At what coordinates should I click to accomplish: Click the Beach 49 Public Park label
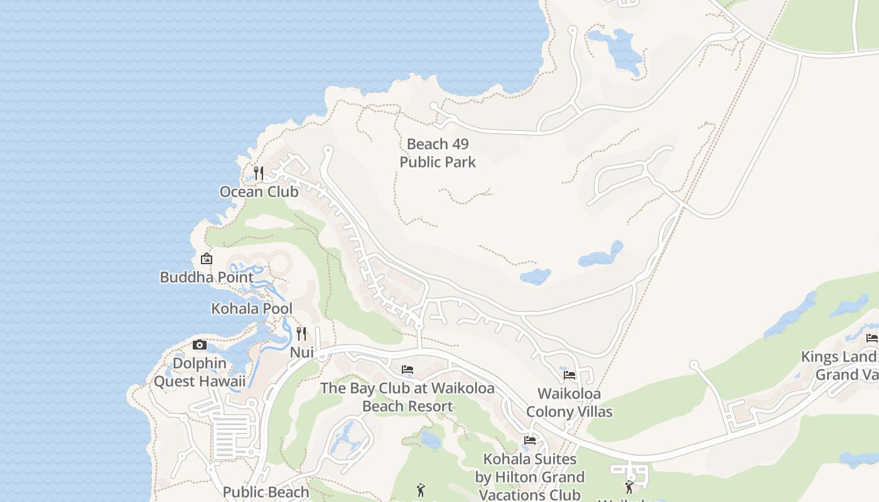tap(438, 153)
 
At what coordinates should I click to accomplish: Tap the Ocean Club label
tap(259, 192)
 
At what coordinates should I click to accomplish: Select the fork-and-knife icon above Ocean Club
tap(258, 172)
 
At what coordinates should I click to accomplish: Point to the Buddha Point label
tap(207, 277)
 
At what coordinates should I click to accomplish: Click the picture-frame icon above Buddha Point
tap(206, 259)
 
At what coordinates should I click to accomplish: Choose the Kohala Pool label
tap(252, 309)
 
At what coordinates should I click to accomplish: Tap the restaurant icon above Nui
tap(301, 333)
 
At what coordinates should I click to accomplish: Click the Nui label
tap(301, 353)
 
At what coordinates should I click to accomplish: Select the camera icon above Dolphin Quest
tap(200, 344)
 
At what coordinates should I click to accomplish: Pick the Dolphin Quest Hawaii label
tap(200, 372)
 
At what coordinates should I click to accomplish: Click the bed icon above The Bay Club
tap(407, 370)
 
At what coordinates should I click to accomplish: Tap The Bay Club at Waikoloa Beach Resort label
tap(407, 397)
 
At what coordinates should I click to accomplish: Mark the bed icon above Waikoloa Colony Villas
tap(569, 375)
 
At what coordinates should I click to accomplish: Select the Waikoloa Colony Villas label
tap(569, 403)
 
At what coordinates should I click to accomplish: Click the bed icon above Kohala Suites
tap(530, 441)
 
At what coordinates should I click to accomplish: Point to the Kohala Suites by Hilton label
tap(530, 477)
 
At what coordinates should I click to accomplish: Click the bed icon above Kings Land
tap(871, 338)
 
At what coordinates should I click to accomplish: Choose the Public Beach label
tap(266, 492)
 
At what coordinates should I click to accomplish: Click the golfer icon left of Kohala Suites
tap(421, 490)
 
